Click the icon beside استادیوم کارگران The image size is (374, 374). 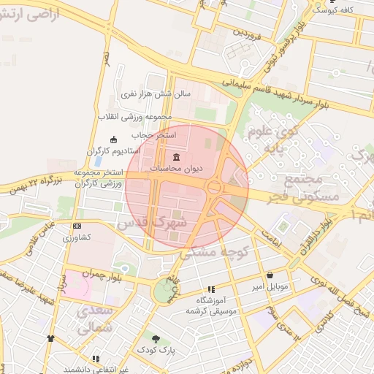click(x=112, y=140)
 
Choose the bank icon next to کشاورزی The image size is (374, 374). click(x=76, y=227)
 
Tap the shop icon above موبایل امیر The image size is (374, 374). click(x=271, y=275)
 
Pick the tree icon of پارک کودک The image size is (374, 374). click(x=155, y=337)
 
